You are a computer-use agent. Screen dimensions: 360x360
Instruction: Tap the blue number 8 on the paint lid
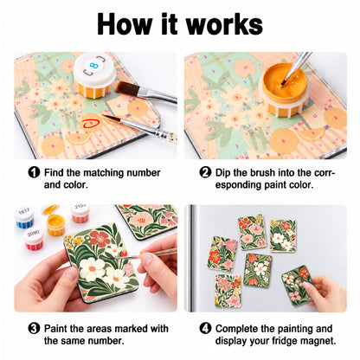point(93,66)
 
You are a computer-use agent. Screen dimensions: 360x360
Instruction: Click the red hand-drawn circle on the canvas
point(91,124)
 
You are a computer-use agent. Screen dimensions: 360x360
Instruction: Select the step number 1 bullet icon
point(34,172)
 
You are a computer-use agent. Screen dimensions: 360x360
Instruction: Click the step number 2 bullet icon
point(205,172)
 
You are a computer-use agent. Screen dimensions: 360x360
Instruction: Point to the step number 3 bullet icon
point(34,328)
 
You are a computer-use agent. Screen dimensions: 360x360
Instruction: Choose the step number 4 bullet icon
point(205,328)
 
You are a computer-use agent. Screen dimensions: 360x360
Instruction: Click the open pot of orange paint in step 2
point(285,89)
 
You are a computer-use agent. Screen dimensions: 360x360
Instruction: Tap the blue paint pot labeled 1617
point(24,218)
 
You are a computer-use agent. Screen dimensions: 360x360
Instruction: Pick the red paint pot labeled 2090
point(34,240)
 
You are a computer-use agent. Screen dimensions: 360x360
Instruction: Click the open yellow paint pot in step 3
point(55,222)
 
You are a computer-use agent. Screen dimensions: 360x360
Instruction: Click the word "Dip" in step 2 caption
point(223,173)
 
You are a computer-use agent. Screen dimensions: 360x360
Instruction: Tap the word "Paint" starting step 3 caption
point(56,328)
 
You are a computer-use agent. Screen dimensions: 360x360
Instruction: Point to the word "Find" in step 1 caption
point(54,172)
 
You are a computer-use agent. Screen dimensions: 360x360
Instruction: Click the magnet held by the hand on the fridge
point(298,285)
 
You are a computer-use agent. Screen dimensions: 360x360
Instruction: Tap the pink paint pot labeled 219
point(80,214)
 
